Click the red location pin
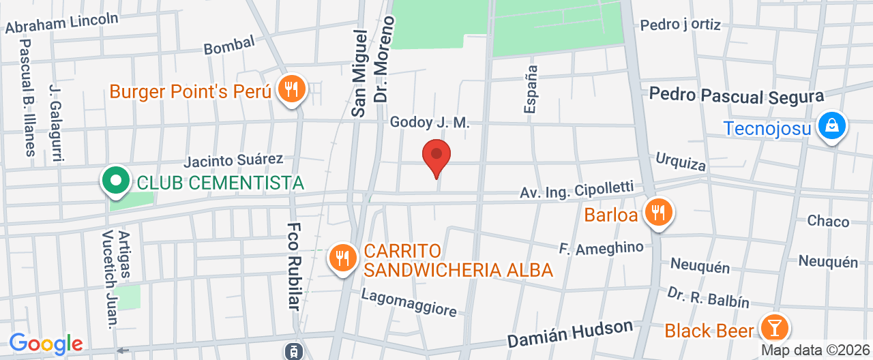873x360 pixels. click(436, 156)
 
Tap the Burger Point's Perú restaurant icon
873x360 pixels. click(293, 90)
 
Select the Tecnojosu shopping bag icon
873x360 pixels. click(831, 126)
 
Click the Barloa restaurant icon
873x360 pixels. click(657, 213)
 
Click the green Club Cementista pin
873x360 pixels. click(116, 181)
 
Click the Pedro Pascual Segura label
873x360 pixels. click(737, 95)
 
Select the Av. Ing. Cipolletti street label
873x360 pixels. click(577, 190)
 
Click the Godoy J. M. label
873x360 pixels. click(430, 123)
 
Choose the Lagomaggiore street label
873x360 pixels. click(409, 303)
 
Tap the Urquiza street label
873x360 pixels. click(680, 162)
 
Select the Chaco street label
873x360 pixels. click(828, 221)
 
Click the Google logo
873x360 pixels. click(46, 344)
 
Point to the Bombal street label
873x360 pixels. click(229, 44)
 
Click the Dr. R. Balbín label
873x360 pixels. click(708, 297)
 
